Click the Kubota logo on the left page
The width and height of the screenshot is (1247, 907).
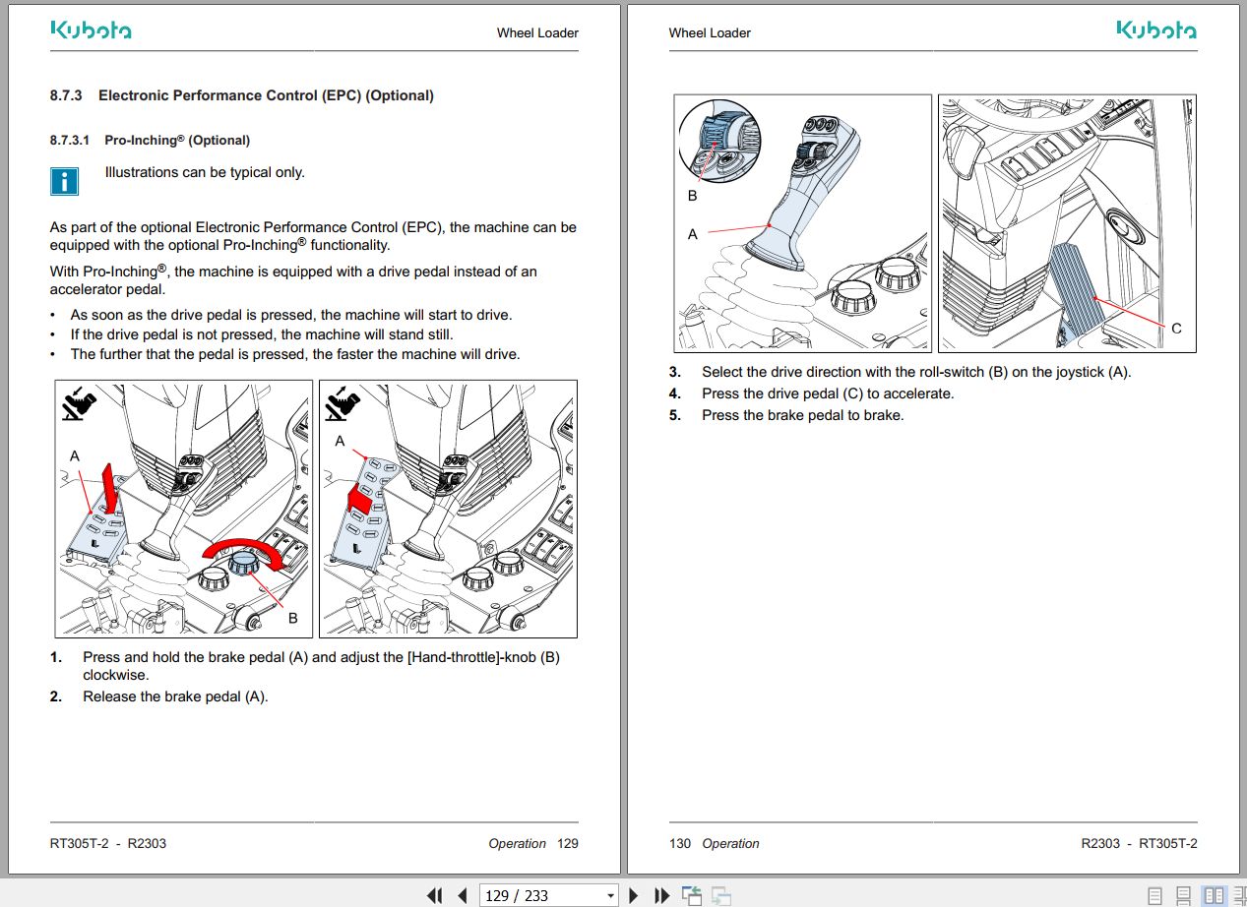91,30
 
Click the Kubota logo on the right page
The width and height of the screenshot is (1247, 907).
1156,30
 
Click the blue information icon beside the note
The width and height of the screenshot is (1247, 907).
64,180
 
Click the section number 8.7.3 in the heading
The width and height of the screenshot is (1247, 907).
66,95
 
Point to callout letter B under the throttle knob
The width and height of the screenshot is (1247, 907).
292,619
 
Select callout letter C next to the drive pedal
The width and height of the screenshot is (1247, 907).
1176,329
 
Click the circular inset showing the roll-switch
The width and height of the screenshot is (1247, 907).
719,140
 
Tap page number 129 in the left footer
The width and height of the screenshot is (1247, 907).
568,843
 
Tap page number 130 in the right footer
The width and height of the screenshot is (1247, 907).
680,843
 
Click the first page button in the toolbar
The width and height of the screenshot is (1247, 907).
434,895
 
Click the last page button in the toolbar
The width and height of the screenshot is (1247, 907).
662,895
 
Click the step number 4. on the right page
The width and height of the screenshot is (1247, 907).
675,393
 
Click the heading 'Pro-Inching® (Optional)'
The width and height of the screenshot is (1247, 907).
177,140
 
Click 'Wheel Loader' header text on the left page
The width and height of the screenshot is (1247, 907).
537,32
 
